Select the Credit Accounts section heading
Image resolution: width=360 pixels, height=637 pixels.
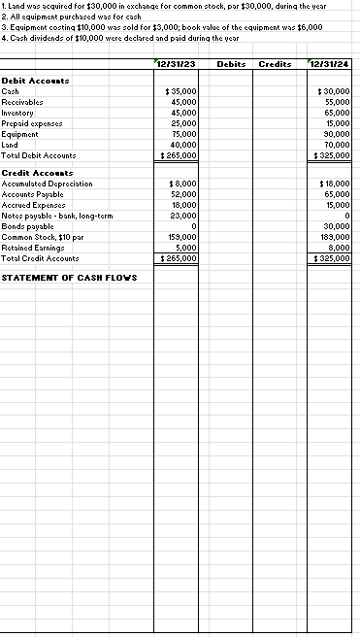29,172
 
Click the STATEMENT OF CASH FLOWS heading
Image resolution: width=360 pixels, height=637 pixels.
69,278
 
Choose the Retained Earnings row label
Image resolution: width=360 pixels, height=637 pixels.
36,248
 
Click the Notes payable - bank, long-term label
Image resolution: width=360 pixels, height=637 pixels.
59,215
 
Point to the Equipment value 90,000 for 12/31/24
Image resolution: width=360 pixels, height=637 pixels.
336,136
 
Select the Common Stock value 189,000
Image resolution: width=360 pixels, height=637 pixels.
335,237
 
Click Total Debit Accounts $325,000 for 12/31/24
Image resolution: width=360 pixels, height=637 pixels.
333,155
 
